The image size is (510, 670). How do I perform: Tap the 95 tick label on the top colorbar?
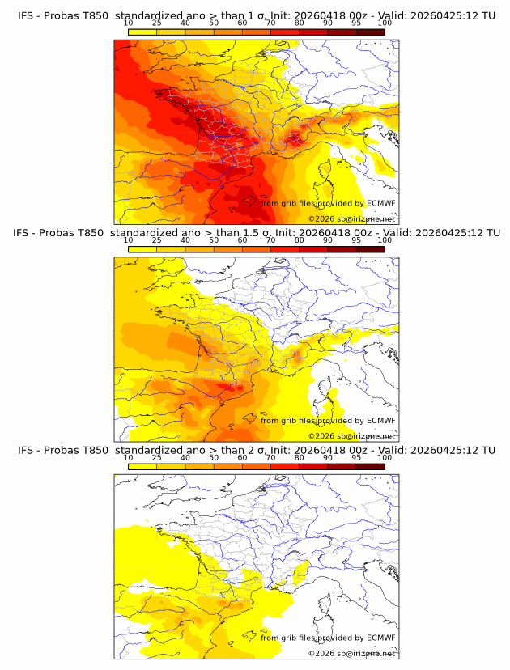[356, 23]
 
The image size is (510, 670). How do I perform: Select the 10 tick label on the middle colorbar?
[129, 240]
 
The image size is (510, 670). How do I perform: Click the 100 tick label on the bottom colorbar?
[385, 456]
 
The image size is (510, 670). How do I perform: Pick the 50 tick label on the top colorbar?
[214, 23]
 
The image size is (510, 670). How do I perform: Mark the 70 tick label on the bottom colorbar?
[270, 456]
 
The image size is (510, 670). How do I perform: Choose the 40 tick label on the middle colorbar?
[185, 240]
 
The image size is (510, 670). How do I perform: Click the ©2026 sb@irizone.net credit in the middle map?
[351, 435]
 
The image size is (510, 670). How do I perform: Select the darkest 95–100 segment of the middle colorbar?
[370, 249]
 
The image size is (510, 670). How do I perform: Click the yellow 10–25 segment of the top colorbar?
[142, 32]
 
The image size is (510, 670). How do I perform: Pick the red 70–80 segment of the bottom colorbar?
[285, 466]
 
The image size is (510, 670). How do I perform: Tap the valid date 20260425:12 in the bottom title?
[444, 450]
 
